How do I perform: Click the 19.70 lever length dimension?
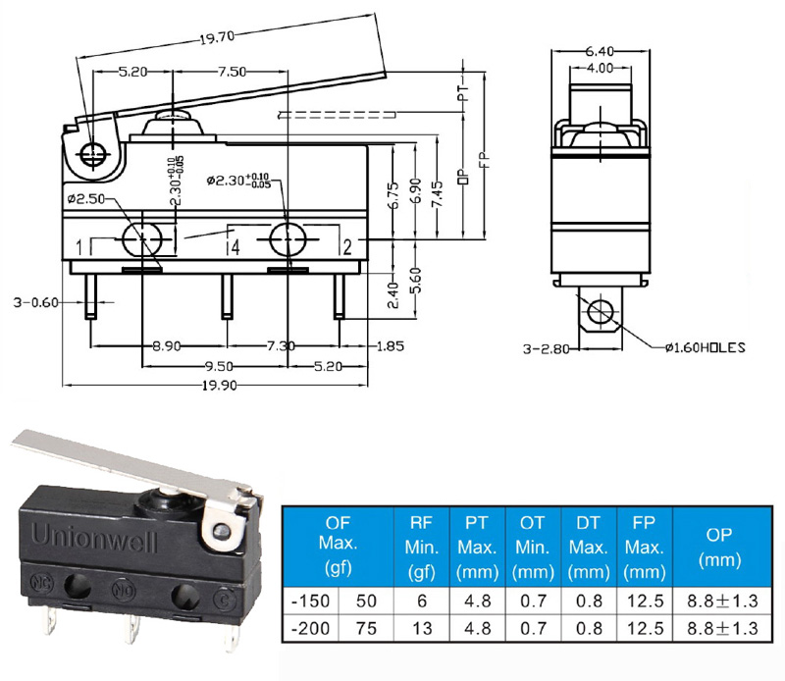217,37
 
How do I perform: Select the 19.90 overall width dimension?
219,386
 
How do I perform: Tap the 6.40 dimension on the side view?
600,51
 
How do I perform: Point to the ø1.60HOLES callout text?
706,347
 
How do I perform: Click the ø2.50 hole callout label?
86,199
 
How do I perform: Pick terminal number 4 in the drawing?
235,247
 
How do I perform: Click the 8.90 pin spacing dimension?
166,346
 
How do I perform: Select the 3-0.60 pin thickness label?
35,302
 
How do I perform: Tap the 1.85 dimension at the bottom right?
390,346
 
